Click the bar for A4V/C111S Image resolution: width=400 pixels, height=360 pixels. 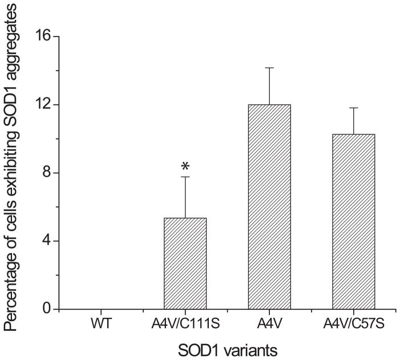point(185,264)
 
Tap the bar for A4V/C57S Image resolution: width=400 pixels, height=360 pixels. point(353,222)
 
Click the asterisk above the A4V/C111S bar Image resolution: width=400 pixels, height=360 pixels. point(185,167)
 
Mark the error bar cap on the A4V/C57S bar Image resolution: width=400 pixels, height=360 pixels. point(353,108)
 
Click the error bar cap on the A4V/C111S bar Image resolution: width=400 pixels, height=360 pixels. point(185,177)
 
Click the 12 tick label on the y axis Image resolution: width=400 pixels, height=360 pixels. point(43,105)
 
